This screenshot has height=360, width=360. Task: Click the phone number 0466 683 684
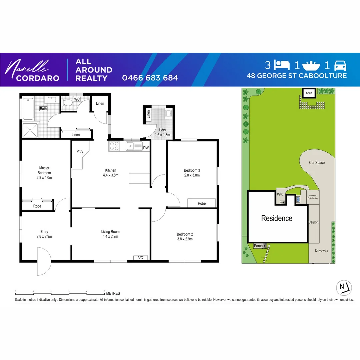150,78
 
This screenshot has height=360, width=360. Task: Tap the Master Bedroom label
44,170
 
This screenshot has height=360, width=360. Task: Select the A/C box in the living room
140,258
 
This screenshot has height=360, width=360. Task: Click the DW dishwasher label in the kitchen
146,148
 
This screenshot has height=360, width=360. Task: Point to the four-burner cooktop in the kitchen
114,146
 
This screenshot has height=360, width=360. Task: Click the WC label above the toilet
77,99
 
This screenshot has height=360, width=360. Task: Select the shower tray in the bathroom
30,130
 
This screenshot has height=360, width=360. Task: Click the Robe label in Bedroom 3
202,203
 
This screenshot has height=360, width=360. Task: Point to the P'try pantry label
80,152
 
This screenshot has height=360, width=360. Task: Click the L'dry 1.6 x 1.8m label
162,132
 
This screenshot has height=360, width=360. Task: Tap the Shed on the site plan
309,93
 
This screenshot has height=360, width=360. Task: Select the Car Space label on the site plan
317,163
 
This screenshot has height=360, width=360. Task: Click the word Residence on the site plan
277,218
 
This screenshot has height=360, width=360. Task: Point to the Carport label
314,222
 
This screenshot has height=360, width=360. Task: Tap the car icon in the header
340,65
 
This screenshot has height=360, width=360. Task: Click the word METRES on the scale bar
113,294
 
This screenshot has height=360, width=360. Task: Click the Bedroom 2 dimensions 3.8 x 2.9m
185,239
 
